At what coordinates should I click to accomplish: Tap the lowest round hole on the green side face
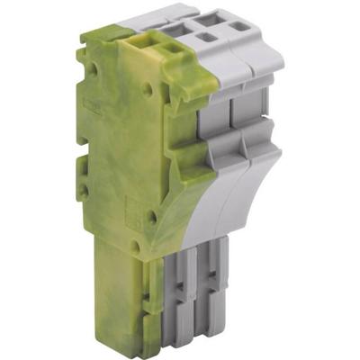(x=151, y=217)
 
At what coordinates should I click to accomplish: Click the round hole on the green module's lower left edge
(x=85, y=192)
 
